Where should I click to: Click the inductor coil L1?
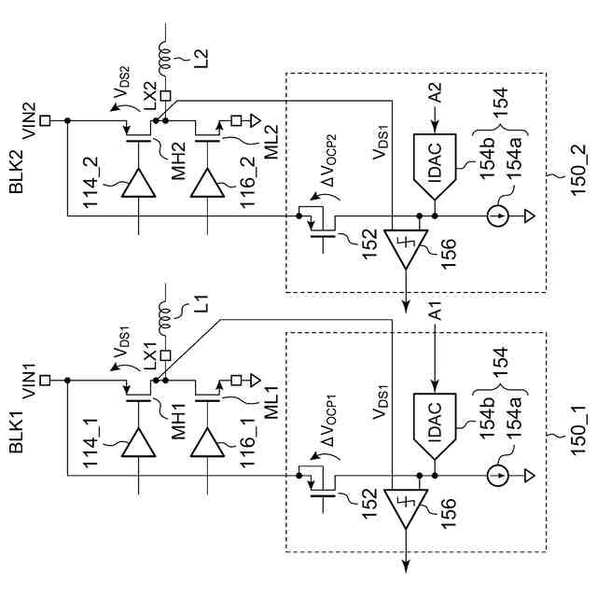pos(165,317)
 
